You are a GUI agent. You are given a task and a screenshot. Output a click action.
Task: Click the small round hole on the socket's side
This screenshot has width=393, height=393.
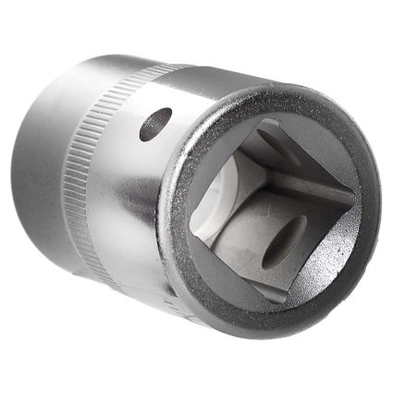pos(155,123)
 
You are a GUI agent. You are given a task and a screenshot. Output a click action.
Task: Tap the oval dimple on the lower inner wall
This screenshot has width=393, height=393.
pos(284,242)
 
